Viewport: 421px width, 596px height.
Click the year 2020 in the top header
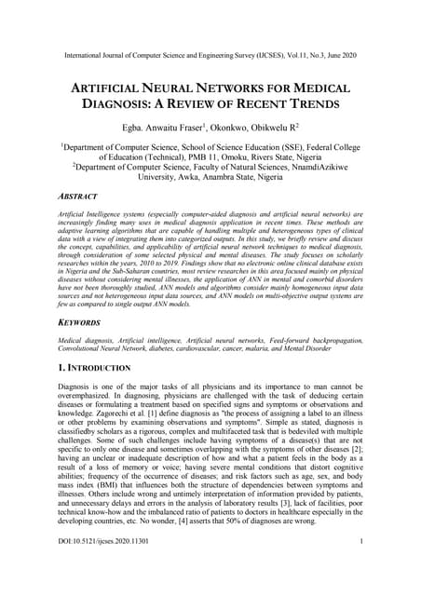(x=367, y=56)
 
